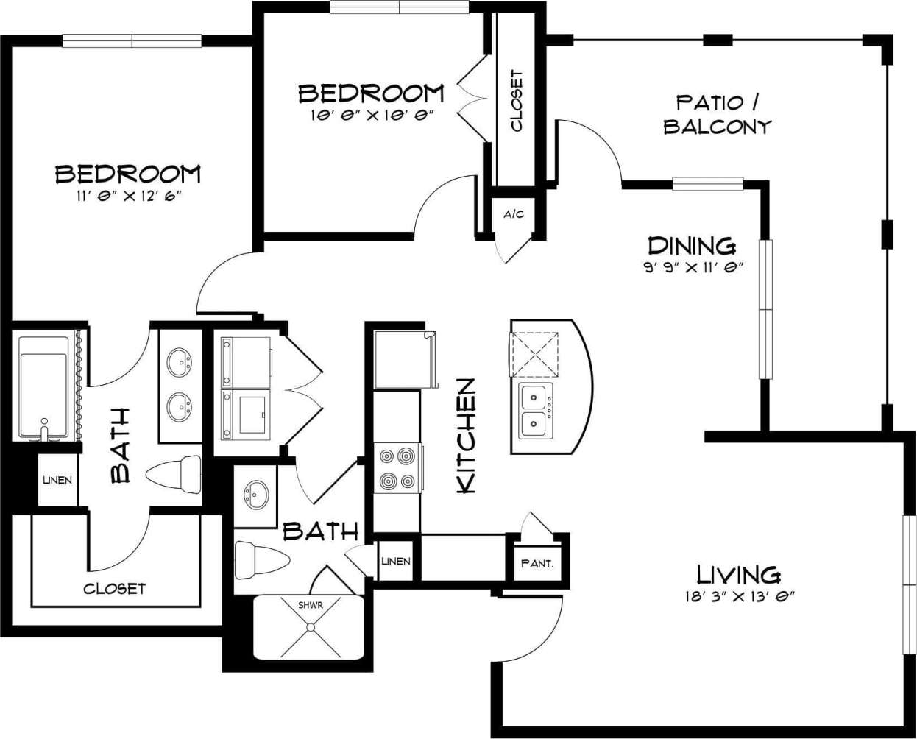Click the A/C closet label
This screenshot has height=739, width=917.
514,214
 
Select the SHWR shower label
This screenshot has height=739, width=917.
310,605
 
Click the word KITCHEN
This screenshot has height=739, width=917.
467,436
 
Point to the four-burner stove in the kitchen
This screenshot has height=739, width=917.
397,469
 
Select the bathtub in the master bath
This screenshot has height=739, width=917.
43,386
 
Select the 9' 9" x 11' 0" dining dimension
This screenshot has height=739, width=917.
690,268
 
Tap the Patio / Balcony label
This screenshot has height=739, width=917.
717,114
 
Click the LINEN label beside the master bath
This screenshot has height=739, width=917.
57,481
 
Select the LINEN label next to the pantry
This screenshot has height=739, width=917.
396,562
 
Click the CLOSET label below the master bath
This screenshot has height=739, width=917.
114,589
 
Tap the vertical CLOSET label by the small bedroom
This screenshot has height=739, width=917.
517,101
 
